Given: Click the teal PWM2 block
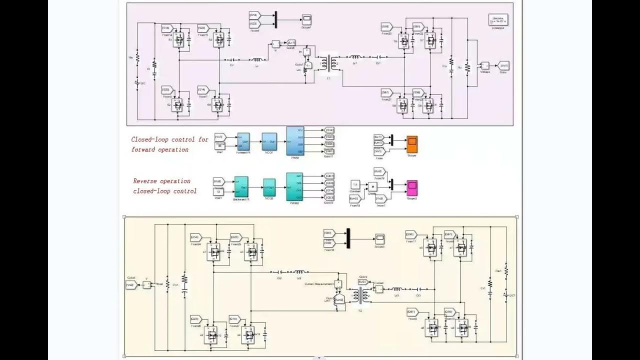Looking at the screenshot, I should click(294, 186).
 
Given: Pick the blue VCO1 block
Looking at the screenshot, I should click(269, 141).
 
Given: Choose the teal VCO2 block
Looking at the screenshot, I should click(269, 187).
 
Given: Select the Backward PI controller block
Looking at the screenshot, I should click(241, 187).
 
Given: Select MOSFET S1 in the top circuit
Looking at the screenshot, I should click(179, 40).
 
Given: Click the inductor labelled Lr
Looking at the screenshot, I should click(257, 59).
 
